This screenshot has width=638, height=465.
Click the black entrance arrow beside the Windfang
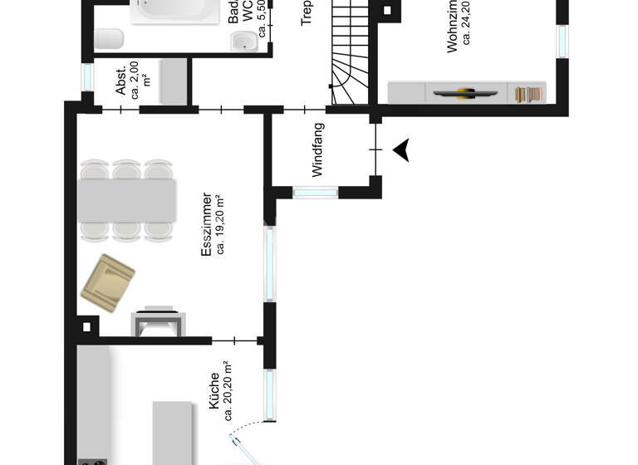[x=402, y=150]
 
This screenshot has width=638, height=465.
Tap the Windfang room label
[x=317, y=149]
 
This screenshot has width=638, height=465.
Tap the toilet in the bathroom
[x=110, y=38]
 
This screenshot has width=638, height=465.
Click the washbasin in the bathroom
[x=243, y=41]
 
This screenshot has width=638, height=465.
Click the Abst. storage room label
[x=121, y=80]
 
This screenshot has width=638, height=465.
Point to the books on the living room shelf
[x=524, y=94]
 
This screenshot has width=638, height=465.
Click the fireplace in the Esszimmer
[x=158, y=321]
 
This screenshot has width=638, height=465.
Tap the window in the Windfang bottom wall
[x=316, y=193]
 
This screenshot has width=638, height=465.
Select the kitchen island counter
[x=174, y=432]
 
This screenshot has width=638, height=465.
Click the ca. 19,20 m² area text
[x=222, y=224]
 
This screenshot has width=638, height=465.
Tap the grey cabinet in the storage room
[x=173, y=81]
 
